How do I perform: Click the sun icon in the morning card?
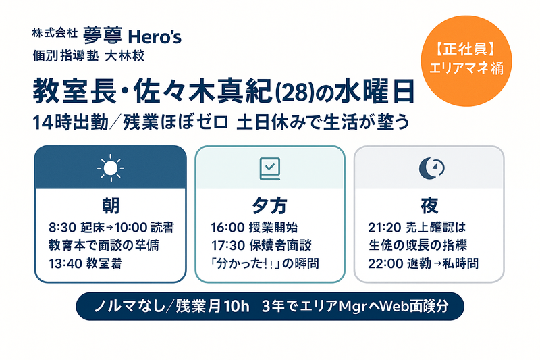(110, 166)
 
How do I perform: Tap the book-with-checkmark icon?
(270, 167)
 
